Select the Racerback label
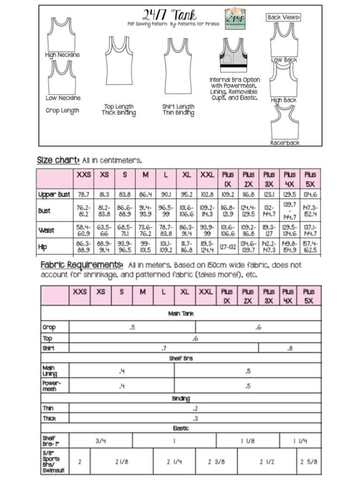coord(285,142)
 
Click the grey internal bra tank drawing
coord(234,56)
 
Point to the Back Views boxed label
coord(284,17)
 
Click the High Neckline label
coord(62,55)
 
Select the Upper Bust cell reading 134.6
coord(308,194)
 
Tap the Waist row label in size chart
coord(46,230)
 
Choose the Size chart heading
coord(58,160)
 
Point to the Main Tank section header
coord(181,313)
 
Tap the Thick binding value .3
coord(195,419)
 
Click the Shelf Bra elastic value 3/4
coord(101,441)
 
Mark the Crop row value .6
coord(258,327)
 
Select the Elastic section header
coord(181,428)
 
